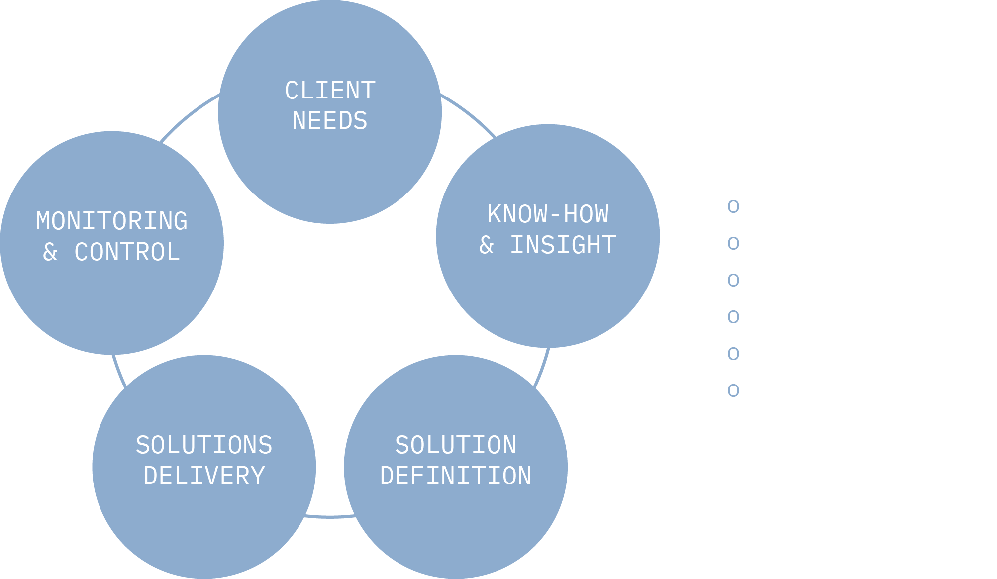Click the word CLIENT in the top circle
330,91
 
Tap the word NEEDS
330,121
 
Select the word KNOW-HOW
548,214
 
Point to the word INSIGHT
563,245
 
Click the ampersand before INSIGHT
487,245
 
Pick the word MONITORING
112,221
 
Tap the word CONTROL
127,252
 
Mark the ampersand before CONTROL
50,252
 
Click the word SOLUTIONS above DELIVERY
204,445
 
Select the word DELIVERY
204,476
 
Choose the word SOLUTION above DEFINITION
456,445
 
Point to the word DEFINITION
456,476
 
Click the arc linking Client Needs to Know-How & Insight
470,113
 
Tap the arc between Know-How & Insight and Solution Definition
543,368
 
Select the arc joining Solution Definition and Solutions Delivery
330,517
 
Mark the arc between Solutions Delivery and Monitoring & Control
118,371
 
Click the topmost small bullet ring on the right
733,206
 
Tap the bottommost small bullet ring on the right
733,390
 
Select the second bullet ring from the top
733,243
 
